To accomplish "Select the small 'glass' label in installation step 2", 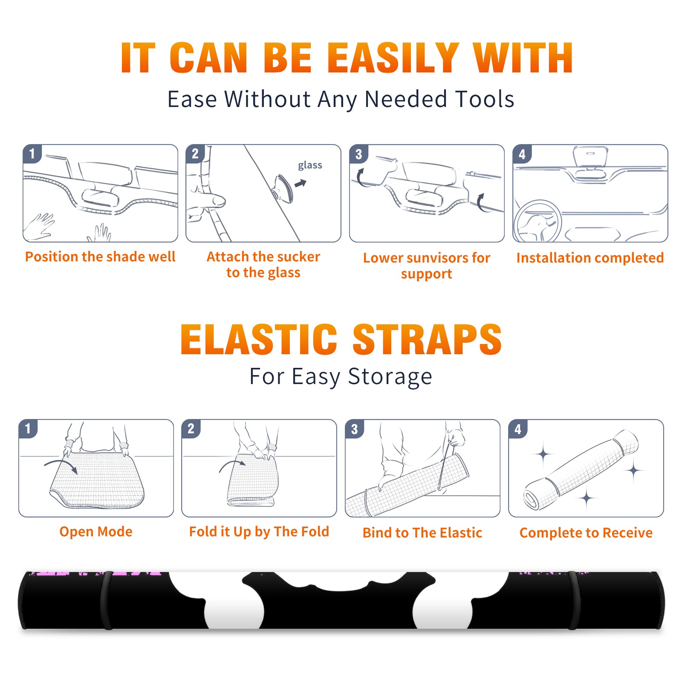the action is point(310,165).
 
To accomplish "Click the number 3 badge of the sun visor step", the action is point(358,154).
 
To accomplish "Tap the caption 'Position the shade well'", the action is point(100,257).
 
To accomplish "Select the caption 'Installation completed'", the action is point(590,257).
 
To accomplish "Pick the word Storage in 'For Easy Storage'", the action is point(390,377).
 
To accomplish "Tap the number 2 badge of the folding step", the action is point(191,429).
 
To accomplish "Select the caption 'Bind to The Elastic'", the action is point(422,533).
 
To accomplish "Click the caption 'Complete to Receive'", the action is point(586,533).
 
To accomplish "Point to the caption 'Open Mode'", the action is point(96,532).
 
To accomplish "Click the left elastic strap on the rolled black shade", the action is point(106,600).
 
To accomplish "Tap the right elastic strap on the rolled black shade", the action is point(574,600).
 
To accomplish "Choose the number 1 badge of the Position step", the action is point(32,154).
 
